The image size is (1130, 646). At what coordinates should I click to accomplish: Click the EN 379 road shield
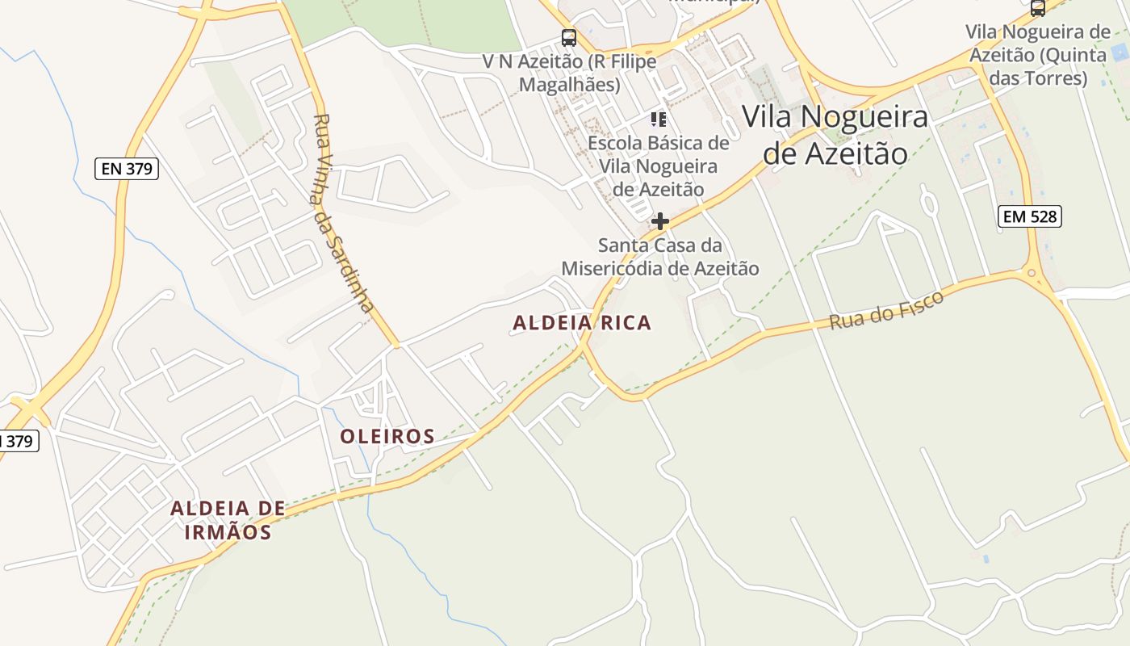[127, 169]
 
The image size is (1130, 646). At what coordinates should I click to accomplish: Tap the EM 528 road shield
[1029, 216]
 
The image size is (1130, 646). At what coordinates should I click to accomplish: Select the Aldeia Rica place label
[582, 323]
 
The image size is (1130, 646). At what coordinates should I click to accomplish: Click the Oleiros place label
[387, 437]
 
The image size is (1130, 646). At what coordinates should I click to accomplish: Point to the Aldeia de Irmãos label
[228, 520]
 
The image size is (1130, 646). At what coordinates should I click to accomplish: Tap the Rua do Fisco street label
[886, 310]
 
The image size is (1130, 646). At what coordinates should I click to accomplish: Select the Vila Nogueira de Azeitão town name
[835, 135]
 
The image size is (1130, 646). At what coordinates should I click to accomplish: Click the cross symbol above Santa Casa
[660, 220]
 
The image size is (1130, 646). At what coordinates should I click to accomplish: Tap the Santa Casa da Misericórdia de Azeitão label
[660, 257]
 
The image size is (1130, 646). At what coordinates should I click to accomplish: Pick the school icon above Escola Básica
[659, 120]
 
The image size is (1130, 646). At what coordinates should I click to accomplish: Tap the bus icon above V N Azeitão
[569, 37]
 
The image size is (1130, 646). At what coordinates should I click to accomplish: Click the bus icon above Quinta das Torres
[1038, 8]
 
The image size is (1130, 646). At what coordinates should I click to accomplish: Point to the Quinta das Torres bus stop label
[1038, 55]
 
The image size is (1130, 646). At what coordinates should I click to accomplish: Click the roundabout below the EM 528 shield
[1032, 274]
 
